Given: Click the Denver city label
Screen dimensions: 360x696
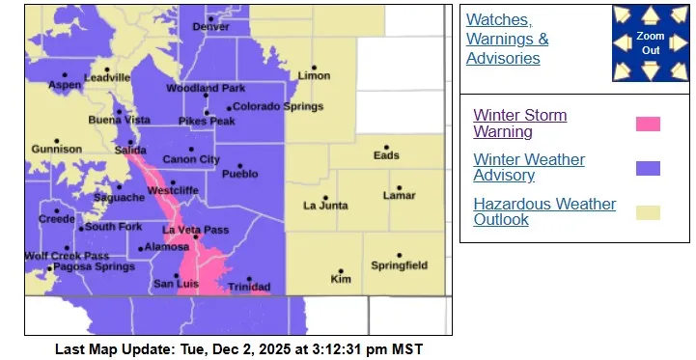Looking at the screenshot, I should click(x=211, y=27).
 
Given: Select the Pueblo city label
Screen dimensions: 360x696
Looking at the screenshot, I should click(x=240, y=175).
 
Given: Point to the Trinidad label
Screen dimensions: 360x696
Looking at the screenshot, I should click(x=249, y=287).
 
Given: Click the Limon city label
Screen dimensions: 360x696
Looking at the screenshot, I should click(x=314, y=75).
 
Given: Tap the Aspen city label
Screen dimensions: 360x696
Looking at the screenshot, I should click(x=64, y=85).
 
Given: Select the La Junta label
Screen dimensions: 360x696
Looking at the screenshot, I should click(x=324, y=206).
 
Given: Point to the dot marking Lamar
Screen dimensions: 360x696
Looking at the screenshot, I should click(x=398, y=187).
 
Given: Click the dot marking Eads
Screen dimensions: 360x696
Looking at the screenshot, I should click(x=386, y=147).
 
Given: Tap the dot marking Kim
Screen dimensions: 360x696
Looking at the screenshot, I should click(x=341, y=271).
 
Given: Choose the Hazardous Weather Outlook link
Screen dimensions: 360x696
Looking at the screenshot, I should click(x=543, y=211).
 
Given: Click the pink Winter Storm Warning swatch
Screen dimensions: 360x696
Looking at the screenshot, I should click(x=648, y=124).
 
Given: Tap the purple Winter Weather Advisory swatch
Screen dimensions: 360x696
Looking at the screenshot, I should click(x=648, y=168).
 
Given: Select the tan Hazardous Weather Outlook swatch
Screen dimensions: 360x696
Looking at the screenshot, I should click(x=648, y=212).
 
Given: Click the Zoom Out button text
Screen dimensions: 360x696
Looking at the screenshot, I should click(x=650, y=42).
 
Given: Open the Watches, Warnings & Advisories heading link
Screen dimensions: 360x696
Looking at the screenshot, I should click(x=508, y=40).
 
